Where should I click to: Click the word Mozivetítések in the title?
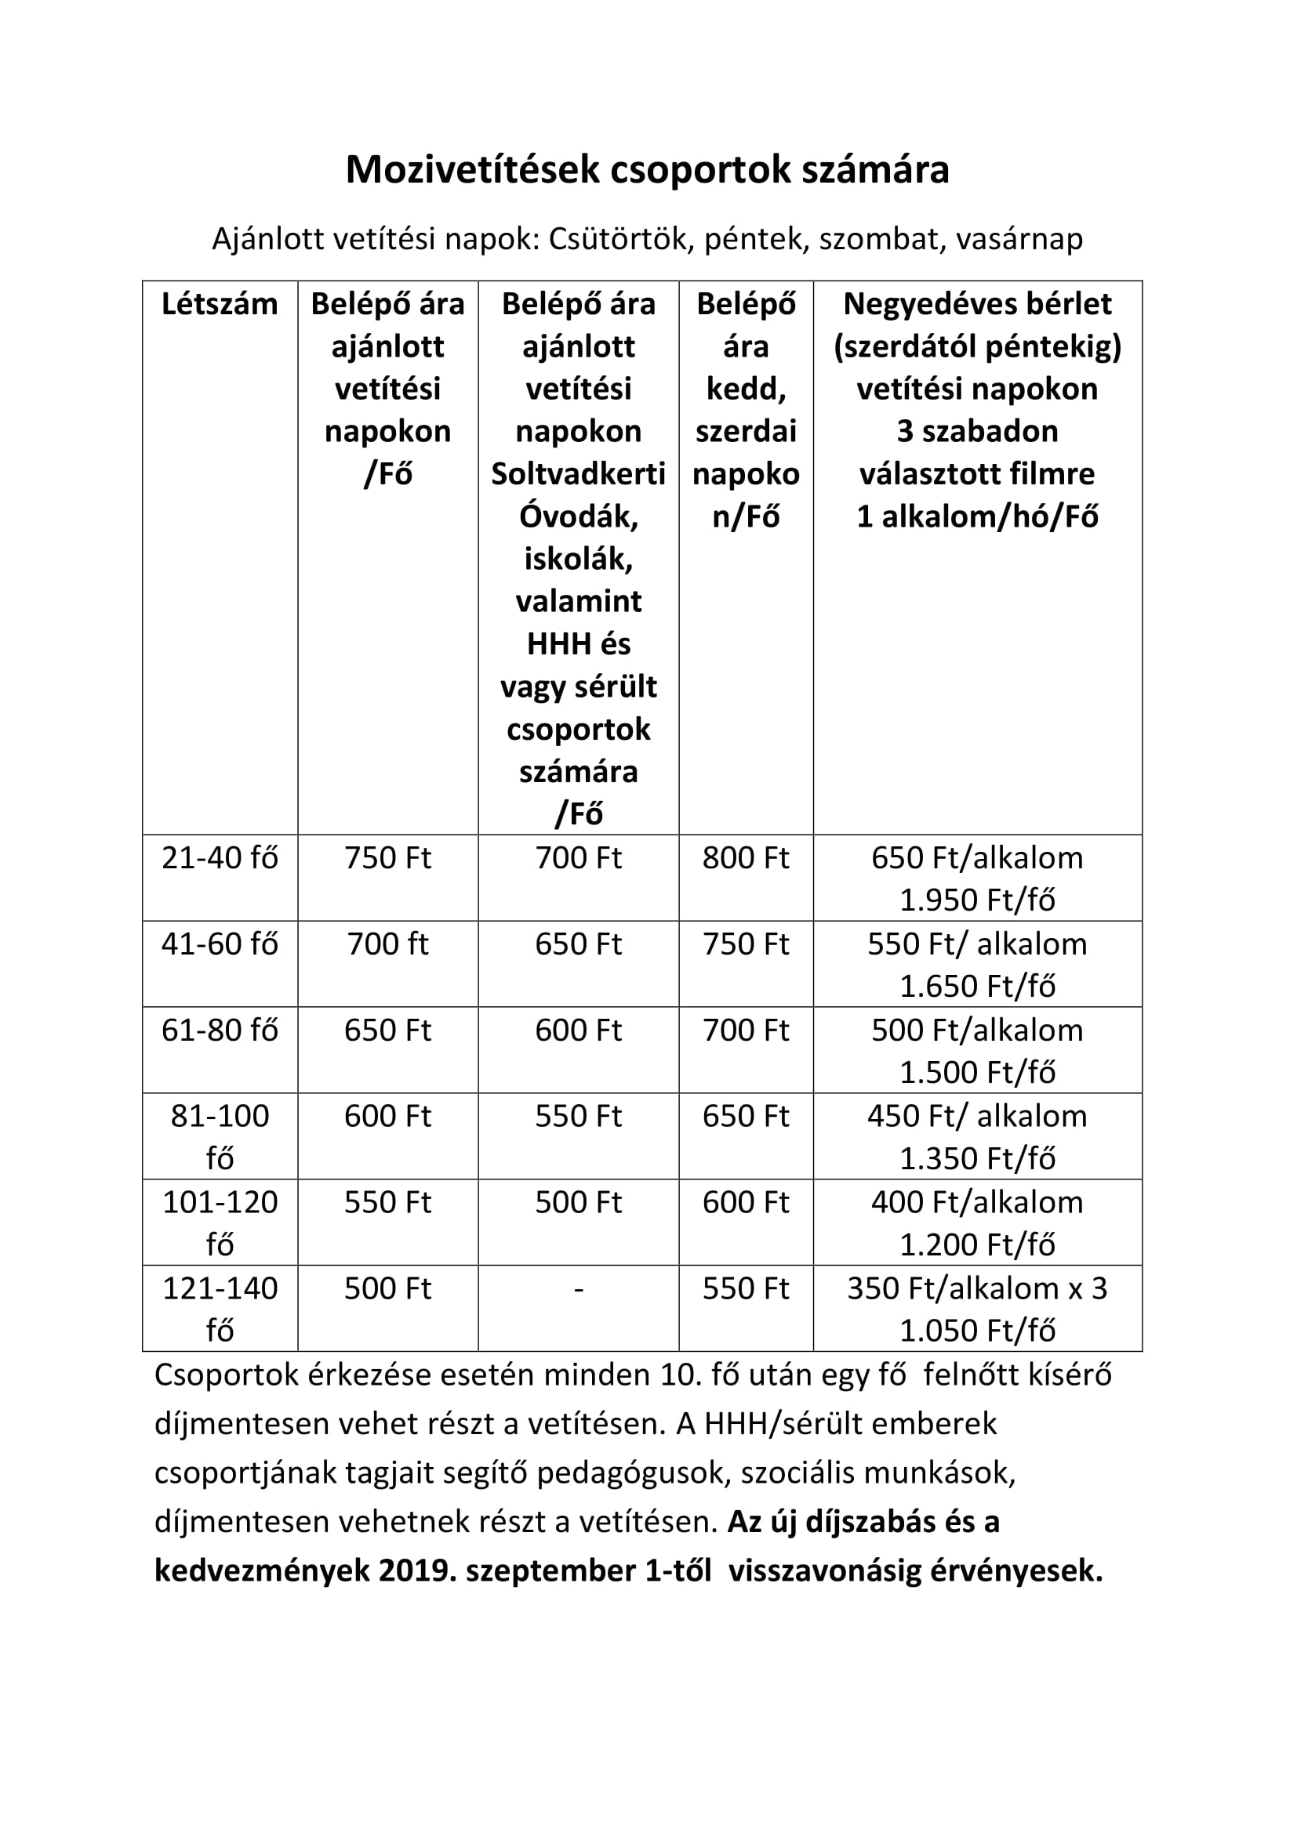pyautogui.click(x=472, y=170)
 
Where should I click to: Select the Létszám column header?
pyautogui.click(x=220, y=304)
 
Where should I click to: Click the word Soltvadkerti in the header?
pyautogui.click(x=578, y=474)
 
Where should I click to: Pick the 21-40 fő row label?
pyautogui.click(x=220, y=858)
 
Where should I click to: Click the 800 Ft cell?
pyautogui.click(x=745, y=858)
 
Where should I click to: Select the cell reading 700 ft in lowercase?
pyautogui.click(x=387, y=944)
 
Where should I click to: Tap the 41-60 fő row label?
pyautogui.click(x=220, y=944)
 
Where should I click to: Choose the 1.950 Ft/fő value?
pyautogui.click(x=977, y=900)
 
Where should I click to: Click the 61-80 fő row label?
pyautogui.click(x=220, y=1031)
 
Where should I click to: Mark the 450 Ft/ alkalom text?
pyautogui.click(x=977, y=1116)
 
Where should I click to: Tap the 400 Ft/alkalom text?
pyautogui.click(x=977, y=1202)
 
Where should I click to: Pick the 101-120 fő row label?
pyautogui.click(x=220, y=1222)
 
